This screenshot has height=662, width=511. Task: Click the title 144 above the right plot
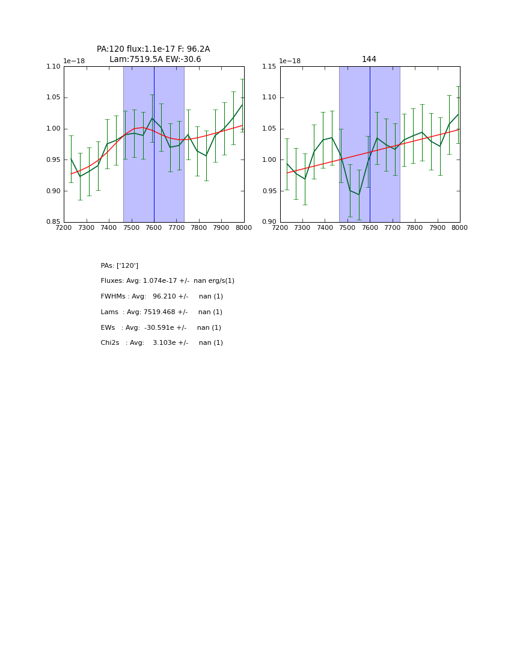(x=369, y=59)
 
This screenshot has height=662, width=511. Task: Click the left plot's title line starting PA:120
(x=153, y=49)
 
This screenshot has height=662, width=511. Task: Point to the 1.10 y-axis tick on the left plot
(x=54, y=67)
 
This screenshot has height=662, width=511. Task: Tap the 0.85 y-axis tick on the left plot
(x=54, y=222)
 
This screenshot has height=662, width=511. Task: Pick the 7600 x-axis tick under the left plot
(x=154, y=227)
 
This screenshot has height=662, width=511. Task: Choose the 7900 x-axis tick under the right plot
(x=437, y=227)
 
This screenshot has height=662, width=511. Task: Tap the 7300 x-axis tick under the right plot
(x=302, y=227)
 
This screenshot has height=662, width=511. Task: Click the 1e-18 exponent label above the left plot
(x=74, y=61)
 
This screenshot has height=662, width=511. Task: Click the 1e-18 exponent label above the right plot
(x=290, y=61)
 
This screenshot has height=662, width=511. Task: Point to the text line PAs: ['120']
(x=119, y=265)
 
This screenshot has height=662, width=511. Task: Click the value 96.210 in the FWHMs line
(x=164, y=297)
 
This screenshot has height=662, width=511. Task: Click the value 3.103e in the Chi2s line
(x=162, y=343)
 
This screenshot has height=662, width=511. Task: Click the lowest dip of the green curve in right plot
(x=359, y=194)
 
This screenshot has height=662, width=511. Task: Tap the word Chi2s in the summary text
(x=110, y=343)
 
